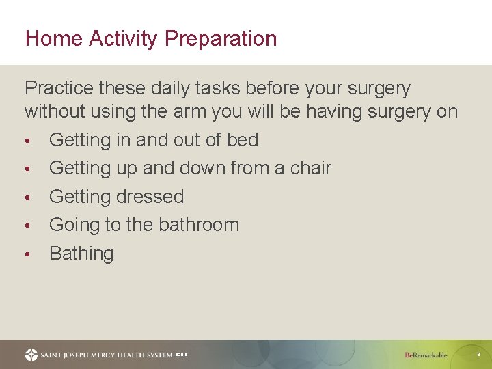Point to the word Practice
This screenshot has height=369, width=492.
(x=59, y=89)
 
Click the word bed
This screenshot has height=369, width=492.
(x=243, y=140)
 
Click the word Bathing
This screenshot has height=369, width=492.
(x=81, y=254)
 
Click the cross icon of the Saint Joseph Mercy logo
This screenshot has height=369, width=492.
(x=31, y=355)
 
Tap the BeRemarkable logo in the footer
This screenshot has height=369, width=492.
(x=426, y=355)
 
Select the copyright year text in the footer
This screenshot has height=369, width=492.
(x=181, y=355)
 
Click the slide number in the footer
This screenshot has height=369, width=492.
(x=478, y=355)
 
